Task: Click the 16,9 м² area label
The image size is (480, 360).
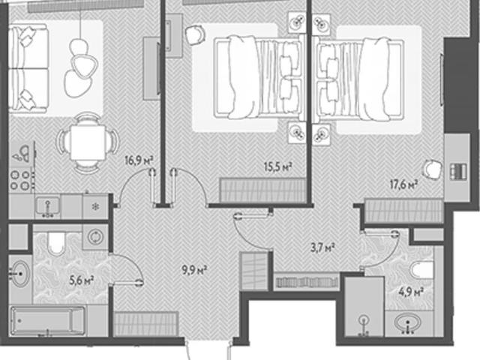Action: click(139, 160)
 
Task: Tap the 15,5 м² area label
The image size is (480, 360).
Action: click(278, 167)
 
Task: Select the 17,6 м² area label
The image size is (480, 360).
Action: click(403, 184)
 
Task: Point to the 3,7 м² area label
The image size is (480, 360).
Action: click(322, 247)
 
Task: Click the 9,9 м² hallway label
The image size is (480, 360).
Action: click(195, 270)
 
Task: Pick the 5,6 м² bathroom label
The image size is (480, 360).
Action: click(82, 280)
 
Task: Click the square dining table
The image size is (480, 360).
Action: click(88, 143)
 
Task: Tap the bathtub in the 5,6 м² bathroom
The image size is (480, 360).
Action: click(47, 321)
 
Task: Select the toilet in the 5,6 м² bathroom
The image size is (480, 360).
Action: click(57, 242)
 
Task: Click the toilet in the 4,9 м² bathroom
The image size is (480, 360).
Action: click(421, 269)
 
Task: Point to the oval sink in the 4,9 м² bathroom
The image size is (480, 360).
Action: click(407, 323)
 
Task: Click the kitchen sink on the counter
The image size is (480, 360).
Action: click(48, 206)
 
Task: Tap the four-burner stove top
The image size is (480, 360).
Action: click(21, 180)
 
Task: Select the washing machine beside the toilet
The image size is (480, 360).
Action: click(95, 237)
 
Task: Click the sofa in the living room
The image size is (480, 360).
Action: click(28, 68)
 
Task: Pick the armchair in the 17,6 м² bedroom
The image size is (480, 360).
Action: click(432, 169)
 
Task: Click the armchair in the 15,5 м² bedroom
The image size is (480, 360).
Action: click(195, 34)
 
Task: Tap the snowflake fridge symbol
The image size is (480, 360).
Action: click(95, 207)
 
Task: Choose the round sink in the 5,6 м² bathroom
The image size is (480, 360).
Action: click(20, 273)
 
